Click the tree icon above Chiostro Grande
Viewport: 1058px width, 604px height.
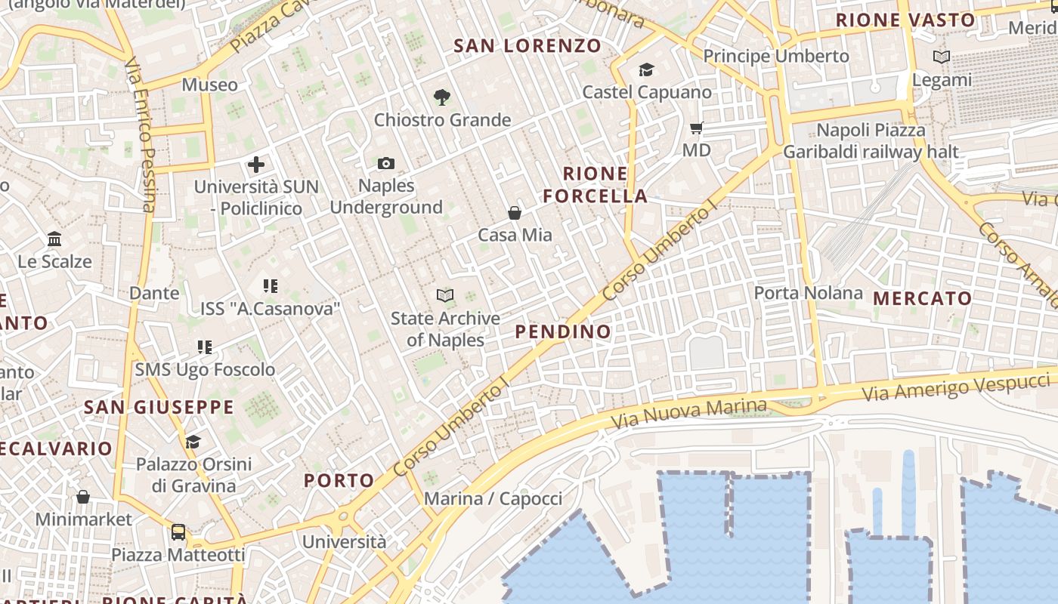click(x=442, y=97)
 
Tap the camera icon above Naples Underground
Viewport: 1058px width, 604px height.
click(x=386, y=163)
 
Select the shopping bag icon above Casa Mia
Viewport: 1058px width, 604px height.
click(x=515, y=213)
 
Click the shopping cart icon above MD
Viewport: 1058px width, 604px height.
click(x=697, y=128)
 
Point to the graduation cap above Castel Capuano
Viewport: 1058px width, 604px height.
click(x=646, y=70)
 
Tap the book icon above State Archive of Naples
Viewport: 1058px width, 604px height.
click(x=445, y=296)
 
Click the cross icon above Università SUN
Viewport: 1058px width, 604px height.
click(x=256, y=164)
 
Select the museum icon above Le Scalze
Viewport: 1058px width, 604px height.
click(x=54, y=239)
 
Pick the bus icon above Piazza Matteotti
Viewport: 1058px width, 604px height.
click(x=178, y=532)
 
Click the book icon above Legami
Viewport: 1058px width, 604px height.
click(x=942, y=57)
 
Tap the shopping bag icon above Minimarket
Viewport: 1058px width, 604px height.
click(x=83, y=497)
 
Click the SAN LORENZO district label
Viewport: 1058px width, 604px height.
click(x=527, y=46)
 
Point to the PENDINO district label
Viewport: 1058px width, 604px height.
click(x=563, y=331)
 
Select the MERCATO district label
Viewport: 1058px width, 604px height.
click(x=923, y=299)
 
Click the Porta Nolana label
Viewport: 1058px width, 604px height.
click(x=809, y=293)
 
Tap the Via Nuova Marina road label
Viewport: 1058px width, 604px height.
click(x=688, y=413)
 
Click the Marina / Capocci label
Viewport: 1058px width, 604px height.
click(x=493, y=499)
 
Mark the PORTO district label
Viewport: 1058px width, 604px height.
click(x=339, y=480)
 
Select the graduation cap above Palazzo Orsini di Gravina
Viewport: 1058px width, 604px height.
click(x=193, y=442)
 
